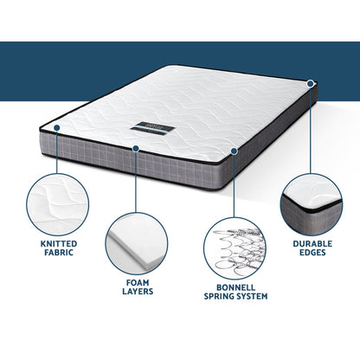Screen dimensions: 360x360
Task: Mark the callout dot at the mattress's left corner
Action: tap(56, 126)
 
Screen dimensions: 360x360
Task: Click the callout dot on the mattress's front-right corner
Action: tap(235, 150)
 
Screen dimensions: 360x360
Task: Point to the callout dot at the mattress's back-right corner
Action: tap(310, 84)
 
